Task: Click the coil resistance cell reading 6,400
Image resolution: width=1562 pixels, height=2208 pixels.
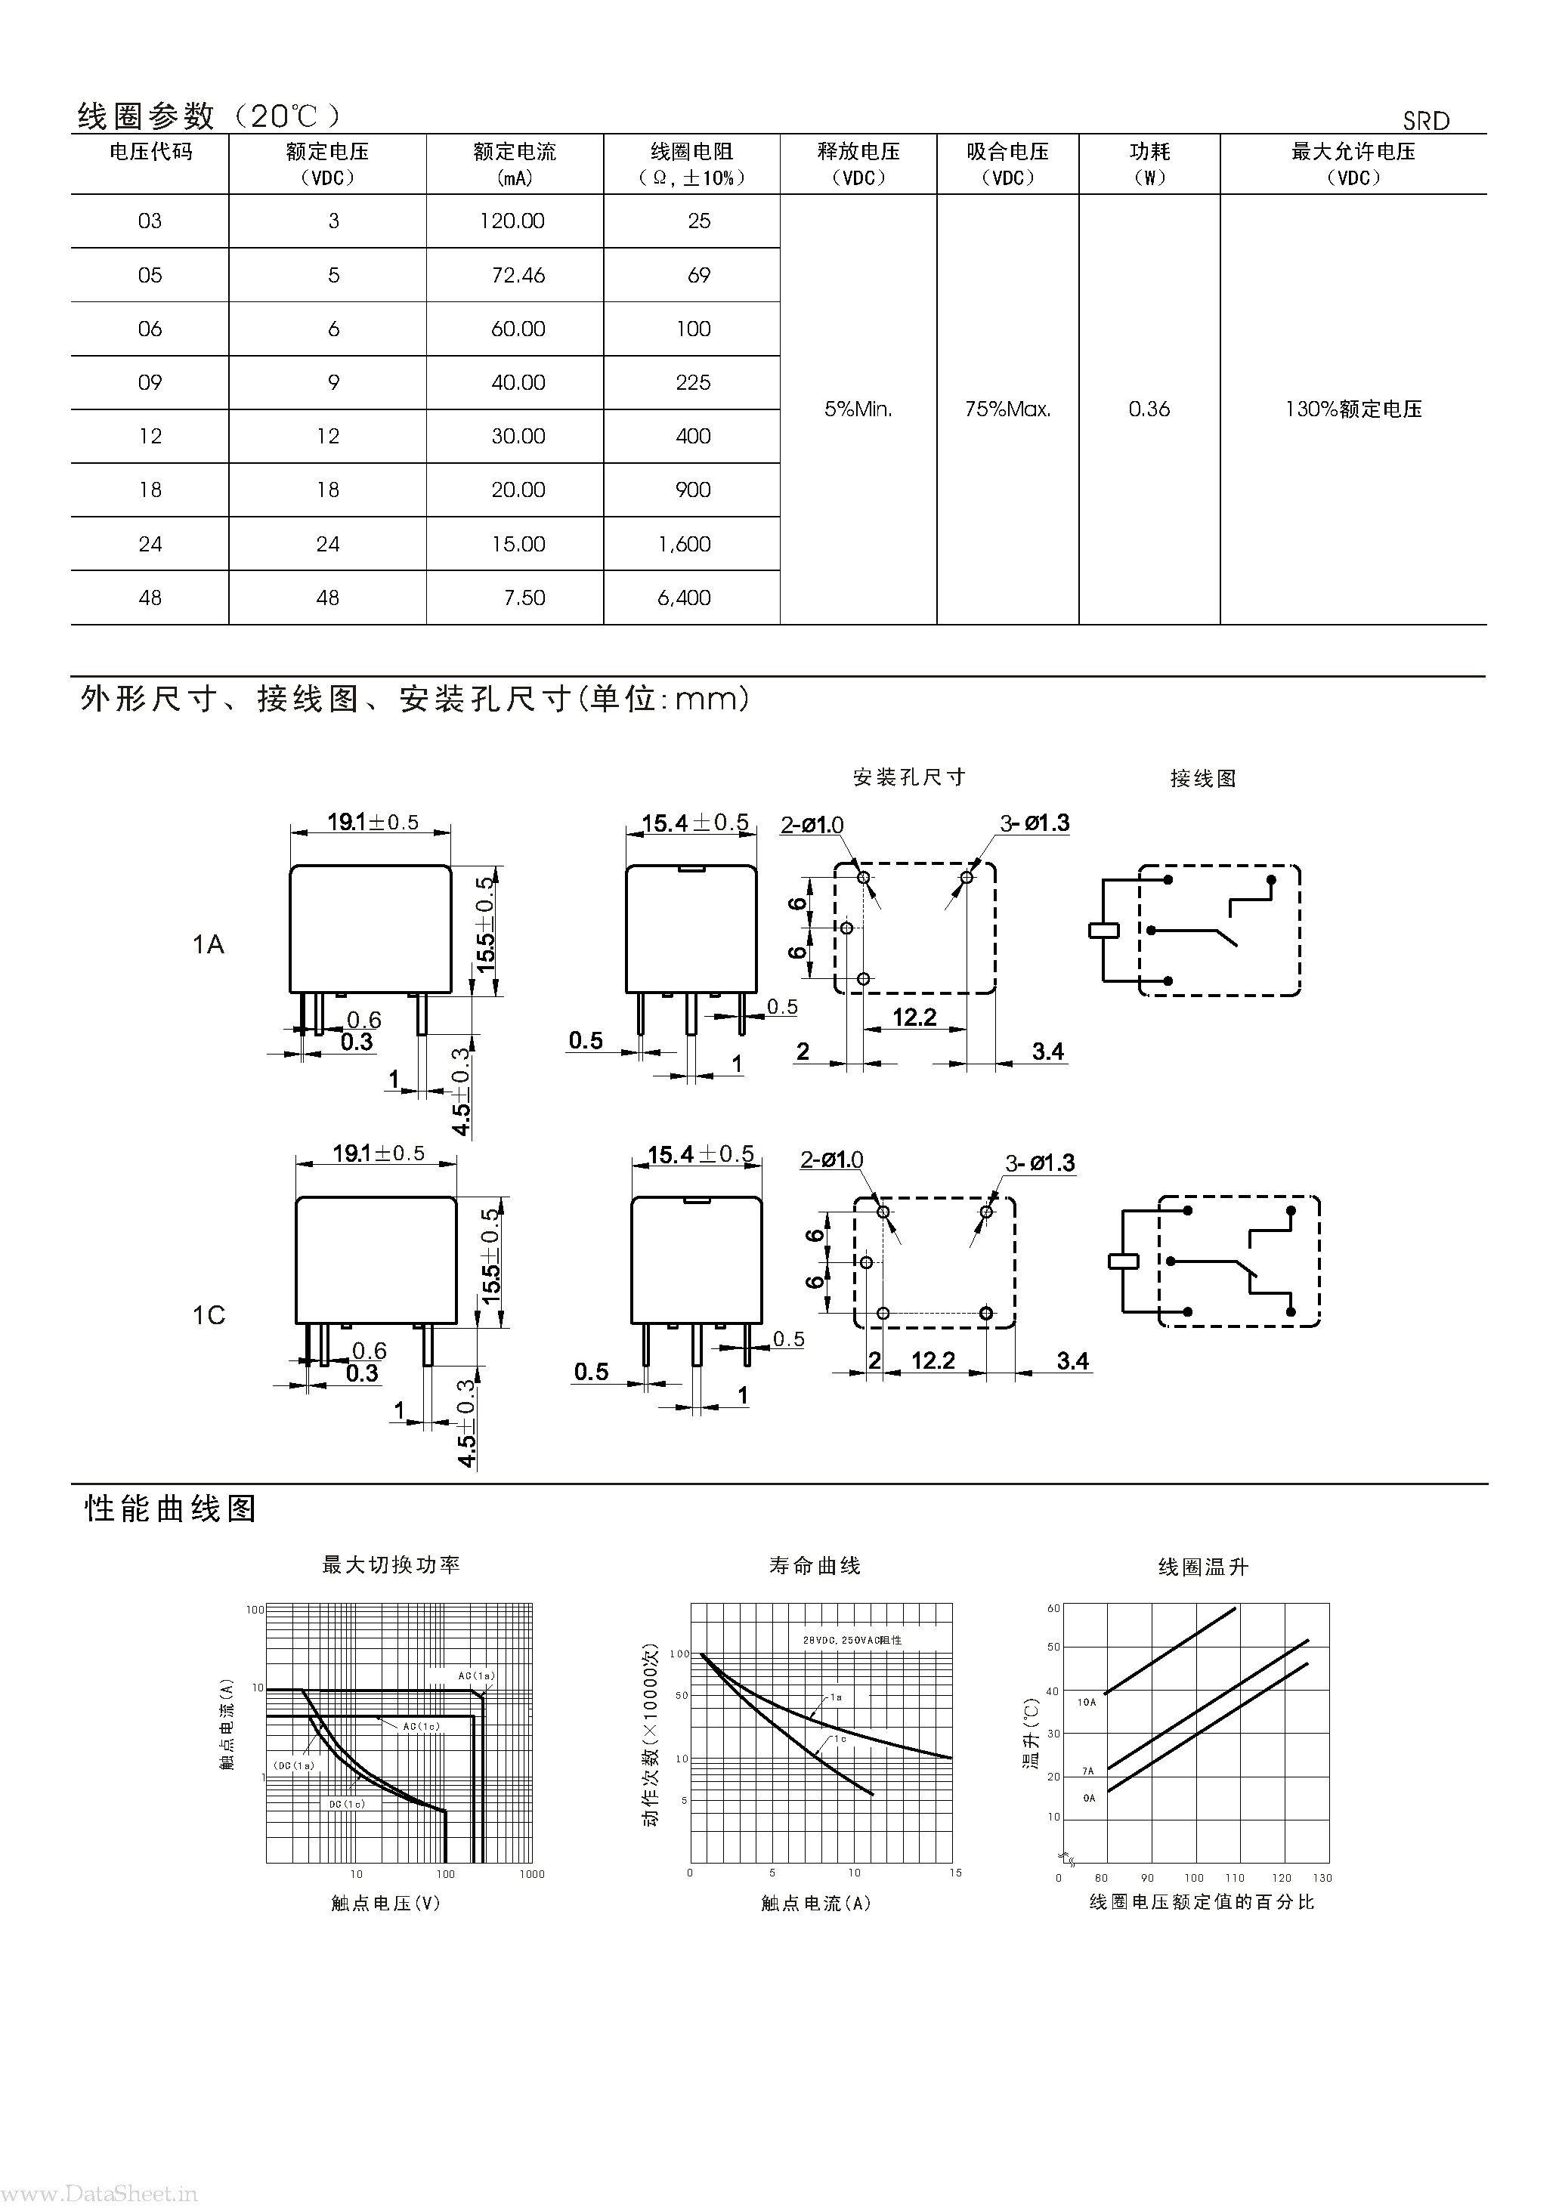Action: point(684,598)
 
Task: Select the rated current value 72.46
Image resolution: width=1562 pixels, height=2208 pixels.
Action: point(518,276)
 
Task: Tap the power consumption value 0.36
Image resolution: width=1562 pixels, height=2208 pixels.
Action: point(1149,409)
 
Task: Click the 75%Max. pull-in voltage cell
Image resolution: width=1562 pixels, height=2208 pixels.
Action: point(1007,409)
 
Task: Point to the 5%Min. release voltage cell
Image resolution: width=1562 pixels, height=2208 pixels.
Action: point(858,409)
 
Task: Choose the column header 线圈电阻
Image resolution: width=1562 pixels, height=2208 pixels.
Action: point(691,152)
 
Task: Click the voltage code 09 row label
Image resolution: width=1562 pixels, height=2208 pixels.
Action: point(150,383)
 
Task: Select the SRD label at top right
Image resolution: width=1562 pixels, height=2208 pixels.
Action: point(1425,121)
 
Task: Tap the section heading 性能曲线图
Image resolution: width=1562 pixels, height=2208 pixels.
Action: point(172,1508)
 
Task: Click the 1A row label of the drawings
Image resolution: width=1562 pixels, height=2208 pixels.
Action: point(208,944)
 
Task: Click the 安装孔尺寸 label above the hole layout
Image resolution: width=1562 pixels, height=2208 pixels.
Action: point(909,777)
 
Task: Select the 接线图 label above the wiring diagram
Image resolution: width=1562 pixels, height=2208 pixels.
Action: point(1202,778)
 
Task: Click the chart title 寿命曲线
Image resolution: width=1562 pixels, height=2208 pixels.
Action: point(815,1566)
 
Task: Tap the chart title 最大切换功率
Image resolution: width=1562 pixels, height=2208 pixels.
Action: point(391,1564)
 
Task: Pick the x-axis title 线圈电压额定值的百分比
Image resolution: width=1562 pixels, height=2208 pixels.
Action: point(1202,1901)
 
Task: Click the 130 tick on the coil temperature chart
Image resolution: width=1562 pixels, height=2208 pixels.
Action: point(1322,1877)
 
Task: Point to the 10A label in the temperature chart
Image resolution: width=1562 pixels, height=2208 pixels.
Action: point(1086,1702)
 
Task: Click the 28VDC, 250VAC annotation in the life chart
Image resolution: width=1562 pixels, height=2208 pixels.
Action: point(852,1640)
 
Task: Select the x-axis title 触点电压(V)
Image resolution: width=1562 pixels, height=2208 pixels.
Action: point(385,1902)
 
